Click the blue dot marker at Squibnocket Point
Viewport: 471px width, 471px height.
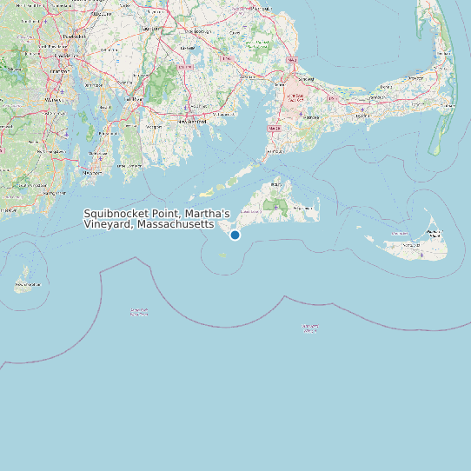(235, 235)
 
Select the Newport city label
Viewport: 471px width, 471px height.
(92, 172)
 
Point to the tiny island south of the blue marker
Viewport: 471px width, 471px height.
(222, 255)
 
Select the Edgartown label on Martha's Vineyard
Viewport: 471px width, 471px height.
(304, 209)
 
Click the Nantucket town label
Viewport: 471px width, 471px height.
(434, 233)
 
